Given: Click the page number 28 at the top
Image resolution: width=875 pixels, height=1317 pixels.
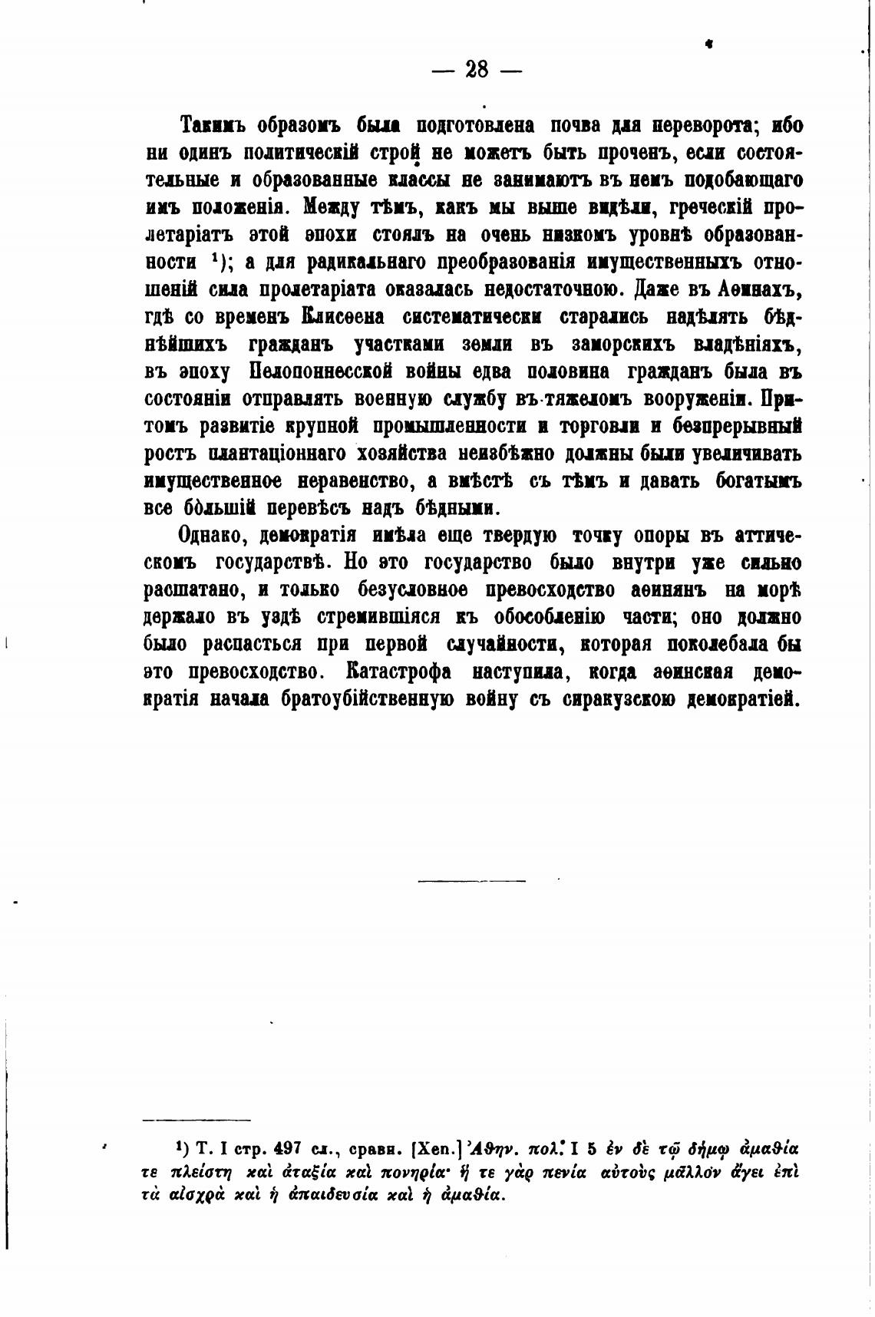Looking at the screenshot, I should click(x=476, y=70).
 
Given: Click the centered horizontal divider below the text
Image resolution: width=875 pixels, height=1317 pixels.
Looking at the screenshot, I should click(x=471, y=880).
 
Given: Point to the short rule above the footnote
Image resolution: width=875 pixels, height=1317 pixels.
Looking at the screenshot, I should click(x=197, y=1120).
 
